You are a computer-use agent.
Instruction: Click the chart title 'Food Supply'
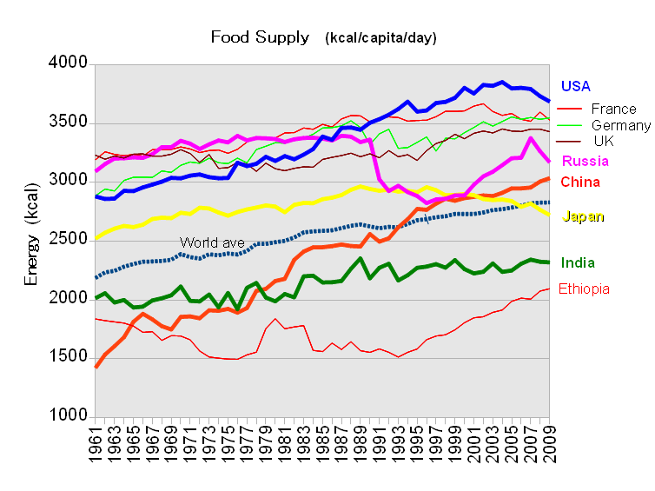coord(260,37)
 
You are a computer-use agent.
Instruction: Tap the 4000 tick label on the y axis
coord(69,64)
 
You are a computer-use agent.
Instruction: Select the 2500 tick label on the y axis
coord(69,240)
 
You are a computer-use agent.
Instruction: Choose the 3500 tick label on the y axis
coord(69,123)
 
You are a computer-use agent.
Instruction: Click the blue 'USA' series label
coord(578,86)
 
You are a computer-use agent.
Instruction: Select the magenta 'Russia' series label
coord(585,162)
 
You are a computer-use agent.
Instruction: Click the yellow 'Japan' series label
coord(583,217)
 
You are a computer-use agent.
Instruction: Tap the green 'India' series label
coord(579,262)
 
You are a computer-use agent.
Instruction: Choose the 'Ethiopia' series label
coord(583,289)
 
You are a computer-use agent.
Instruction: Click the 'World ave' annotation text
coord(211,242)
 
